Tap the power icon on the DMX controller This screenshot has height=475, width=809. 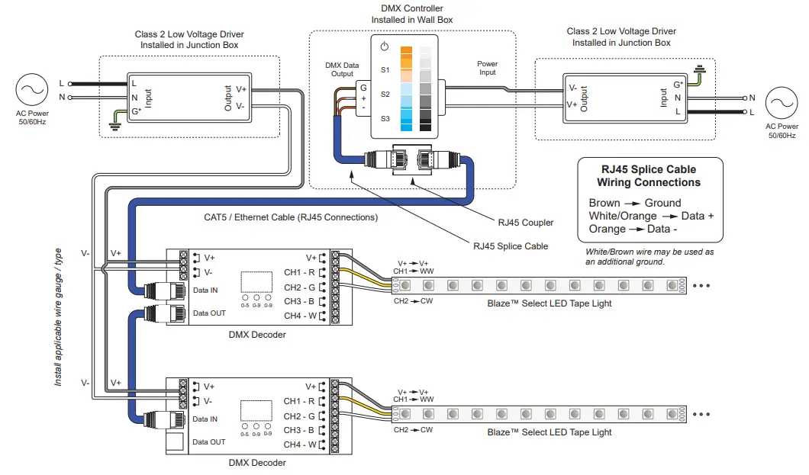385,47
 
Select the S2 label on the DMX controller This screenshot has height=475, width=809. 385,94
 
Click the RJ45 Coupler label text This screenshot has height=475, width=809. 525,223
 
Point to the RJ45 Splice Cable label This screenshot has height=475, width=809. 510,246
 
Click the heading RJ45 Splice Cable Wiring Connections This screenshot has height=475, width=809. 648,176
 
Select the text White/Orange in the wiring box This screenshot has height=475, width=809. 622,216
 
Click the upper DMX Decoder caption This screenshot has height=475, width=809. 257,334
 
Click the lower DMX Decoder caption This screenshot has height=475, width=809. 257,463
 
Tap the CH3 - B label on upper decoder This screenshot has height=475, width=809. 299,302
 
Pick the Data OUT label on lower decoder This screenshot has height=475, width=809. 209,442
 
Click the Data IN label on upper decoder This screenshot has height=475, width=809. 205,290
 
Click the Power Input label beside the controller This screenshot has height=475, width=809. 487,69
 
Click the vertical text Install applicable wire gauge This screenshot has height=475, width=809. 59,316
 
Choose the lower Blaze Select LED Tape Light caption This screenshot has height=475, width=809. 549,432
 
